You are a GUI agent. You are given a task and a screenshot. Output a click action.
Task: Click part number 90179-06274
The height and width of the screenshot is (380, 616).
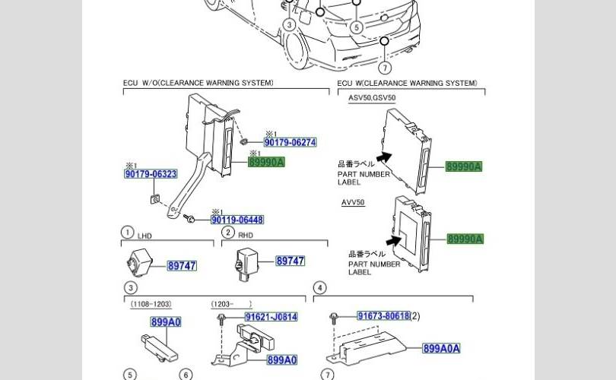[x=290, y=142]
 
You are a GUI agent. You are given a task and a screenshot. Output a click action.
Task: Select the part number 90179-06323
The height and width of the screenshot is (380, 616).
[x=151, y=174]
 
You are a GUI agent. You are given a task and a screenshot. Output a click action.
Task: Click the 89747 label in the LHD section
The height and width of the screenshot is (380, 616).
[x=182, y=265]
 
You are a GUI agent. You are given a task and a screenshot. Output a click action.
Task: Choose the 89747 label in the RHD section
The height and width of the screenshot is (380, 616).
[x=290, y=261]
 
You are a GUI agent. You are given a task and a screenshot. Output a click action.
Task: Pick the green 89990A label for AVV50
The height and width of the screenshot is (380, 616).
[x=465, y=239]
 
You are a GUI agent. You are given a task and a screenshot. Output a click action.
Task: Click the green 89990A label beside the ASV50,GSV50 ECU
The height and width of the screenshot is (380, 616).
[x=464, y=166]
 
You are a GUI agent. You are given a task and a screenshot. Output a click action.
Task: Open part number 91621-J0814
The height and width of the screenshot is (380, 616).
[x=271, y=317]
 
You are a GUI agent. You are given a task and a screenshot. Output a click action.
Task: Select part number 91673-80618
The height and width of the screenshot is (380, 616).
[x=383, y=315]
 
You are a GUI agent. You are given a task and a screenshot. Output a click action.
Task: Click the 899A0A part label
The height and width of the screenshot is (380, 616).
[x=441, y=349]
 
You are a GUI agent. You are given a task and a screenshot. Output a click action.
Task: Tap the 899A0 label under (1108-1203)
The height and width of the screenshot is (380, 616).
[x=166, y=322]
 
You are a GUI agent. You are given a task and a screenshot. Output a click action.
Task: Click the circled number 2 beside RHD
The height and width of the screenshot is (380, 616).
[x=227, y=233]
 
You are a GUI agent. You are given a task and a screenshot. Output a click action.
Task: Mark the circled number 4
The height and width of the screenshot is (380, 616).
[x=320, y=287]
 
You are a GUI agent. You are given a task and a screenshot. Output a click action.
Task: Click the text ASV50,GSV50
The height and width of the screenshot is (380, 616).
[x=372, y=98]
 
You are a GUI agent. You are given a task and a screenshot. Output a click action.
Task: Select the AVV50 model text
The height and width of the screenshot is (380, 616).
[x=353, y=203]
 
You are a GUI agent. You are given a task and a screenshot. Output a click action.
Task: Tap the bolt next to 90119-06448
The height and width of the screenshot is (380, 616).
[x=191, y=220]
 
